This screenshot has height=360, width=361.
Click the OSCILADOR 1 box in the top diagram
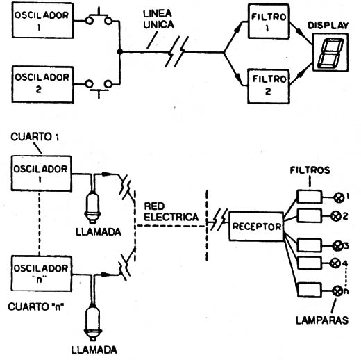[x=43, y=20]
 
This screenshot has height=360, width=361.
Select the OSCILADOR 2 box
[x=43, y=84]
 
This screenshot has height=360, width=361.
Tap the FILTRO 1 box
[x=269, y=22]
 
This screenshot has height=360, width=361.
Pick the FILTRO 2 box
[x=269, y=86]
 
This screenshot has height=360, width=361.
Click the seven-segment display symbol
[x=330, y=52]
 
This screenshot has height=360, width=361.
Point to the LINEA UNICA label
[x=158, y=19]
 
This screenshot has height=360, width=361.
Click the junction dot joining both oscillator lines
[x=119, y=51]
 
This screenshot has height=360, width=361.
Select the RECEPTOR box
[x=256, y=227]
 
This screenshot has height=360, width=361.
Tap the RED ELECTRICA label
[x=171, y=212]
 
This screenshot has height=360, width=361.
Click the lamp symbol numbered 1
[x=339, y=197]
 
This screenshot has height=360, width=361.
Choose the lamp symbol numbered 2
[x=336, y=216]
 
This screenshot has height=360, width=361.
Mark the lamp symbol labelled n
[x=337, y=291]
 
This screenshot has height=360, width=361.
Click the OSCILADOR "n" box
[x=42, y=274]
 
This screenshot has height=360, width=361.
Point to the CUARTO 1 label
[x=35, y=137]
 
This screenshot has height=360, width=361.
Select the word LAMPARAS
[x=322, y=320]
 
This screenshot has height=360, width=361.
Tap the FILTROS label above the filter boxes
[x=310, y=170]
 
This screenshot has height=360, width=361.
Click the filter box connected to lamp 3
[x=310, y=245]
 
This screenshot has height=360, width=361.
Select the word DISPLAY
[x=328, y=26]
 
